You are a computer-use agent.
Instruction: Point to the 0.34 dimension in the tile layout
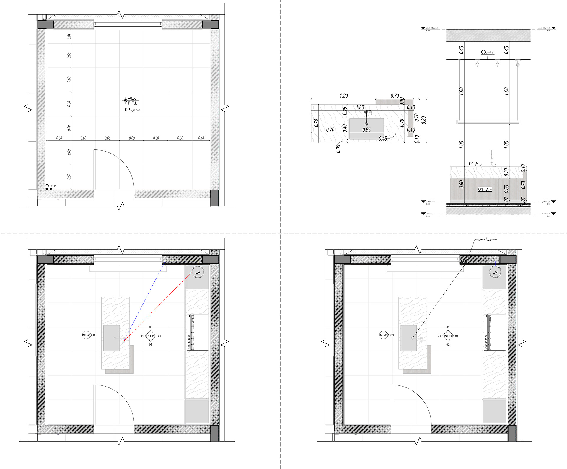coord(69,36)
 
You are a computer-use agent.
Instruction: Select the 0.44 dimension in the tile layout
coord(201,138)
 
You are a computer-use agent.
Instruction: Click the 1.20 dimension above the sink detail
coord(344,96)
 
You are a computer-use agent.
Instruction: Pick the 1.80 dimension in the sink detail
coord(360,108)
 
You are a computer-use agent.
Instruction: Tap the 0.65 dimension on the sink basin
coord(366,130)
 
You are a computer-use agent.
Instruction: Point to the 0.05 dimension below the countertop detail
coord(338,149)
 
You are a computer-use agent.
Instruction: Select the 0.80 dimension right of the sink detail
coord(424,120)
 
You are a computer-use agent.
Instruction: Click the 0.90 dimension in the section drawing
coord(461,184)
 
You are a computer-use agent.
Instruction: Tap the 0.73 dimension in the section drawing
coord(523,185)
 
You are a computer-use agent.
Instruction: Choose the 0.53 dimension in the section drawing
coord(506,188)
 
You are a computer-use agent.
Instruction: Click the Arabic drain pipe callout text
coord(486,239)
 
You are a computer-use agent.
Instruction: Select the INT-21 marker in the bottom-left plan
coord(87,335)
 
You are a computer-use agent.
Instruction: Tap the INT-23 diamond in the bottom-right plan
coord(448,336)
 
